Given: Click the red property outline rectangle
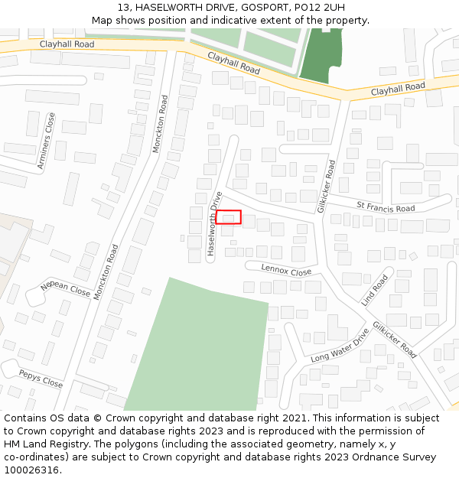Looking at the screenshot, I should pos(229,217).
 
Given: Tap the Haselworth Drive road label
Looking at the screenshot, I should pos(214,223).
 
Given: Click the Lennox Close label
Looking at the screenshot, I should pos(286,271).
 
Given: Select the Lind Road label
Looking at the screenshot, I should pos(375,289).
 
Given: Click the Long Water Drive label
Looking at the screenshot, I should pos(340,345).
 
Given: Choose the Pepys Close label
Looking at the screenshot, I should pos(41,378).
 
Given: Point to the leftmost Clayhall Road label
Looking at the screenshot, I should pos(67,44).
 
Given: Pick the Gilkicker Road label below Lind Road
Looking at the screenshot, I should pos(396,339).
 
